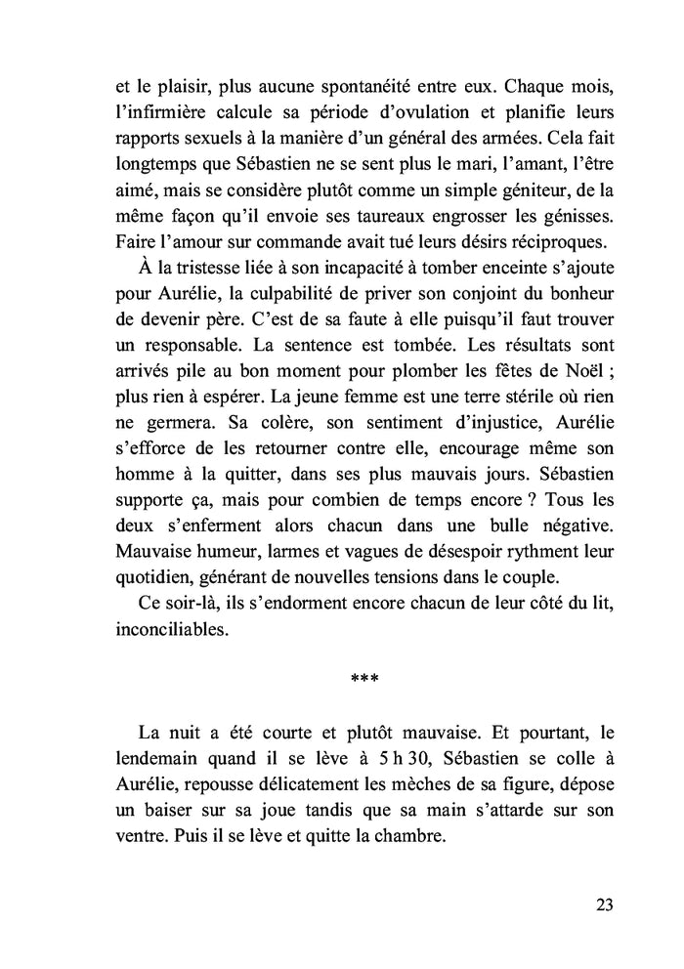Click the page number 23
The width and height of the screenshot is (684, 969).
tap(603, 905)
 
